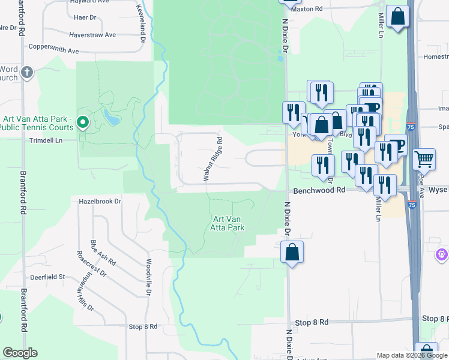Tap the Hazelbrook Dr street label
pyautogui.click(x=100, y=202)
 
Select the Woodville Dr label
pyautogui.click(x=147, y=277)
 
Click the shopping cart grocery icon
pyautogui.click(x=424, y=158)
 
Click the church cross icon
pyautogui.click(x=26, y=73)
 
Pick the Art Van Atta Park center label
pyautogui.click(x=228, y=223)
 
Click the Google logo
pyautogui.click(x=20, y=353)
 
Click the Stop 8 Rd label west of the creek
pyautogui.click(x=143, y=326)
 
